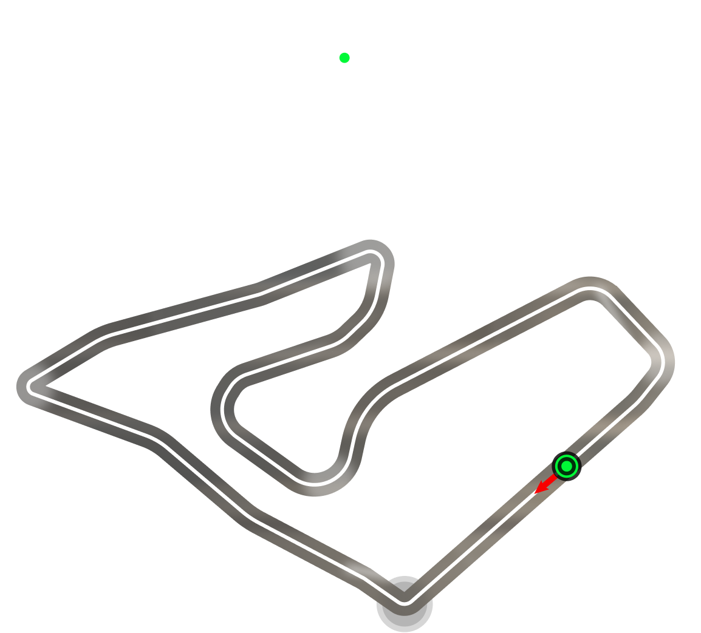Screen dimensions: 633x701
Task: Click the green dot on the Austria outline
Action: pos(344,58)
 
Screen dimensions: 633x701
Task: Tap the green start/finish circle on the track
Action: pos(566,467)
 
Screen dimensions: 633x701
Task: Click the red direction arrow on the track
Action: pos(544,485)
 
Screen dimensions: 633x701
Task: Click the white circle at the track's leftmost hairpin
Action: pos(25,386)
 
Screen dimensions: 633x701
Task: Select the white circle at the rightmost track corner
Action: pos(665,359)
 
